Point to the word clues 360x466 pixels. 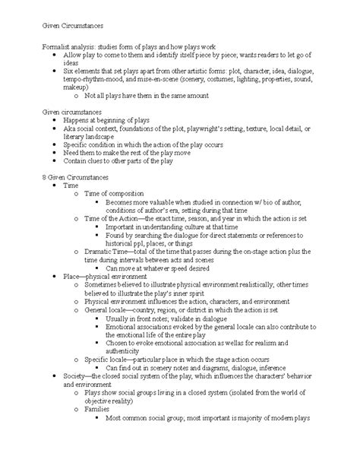click(97, 162)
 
